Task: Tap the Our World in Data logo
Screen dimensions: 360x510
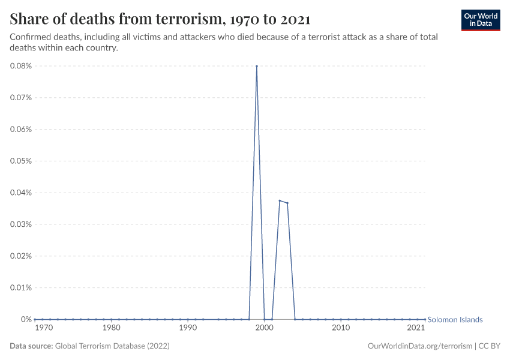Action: coord(480,20)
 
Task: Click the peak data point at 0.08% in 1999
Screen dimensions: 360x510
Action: coord(257,66)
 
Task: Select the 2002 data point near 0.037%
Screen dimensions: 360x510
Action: coord(280,200)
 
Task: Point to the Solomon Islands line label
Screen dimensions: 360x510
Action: coord(455,320)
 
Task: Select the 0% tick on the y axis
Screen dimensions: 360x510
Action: coord(26,319)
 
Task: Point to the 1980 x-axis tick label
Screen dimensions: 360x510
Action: coord(111,328)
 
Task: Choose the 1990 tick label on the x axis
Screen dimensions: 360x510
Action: coord(188,328)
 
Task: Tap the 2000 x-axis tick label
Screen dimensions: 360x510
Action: coord(265,328)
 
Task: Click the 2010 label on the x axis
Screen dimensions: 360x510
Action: coord(341,328)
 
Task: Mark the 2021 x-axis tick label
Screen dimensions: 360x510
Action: coord(416,328)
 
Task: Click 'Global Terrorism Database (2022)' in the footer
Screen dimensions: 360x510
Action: coord(112,346)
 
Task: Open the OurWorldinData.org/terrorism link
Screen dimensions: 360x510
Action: coord(419,346)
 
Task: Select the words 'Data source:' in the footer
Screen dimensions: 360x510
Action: coord(31,346)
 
